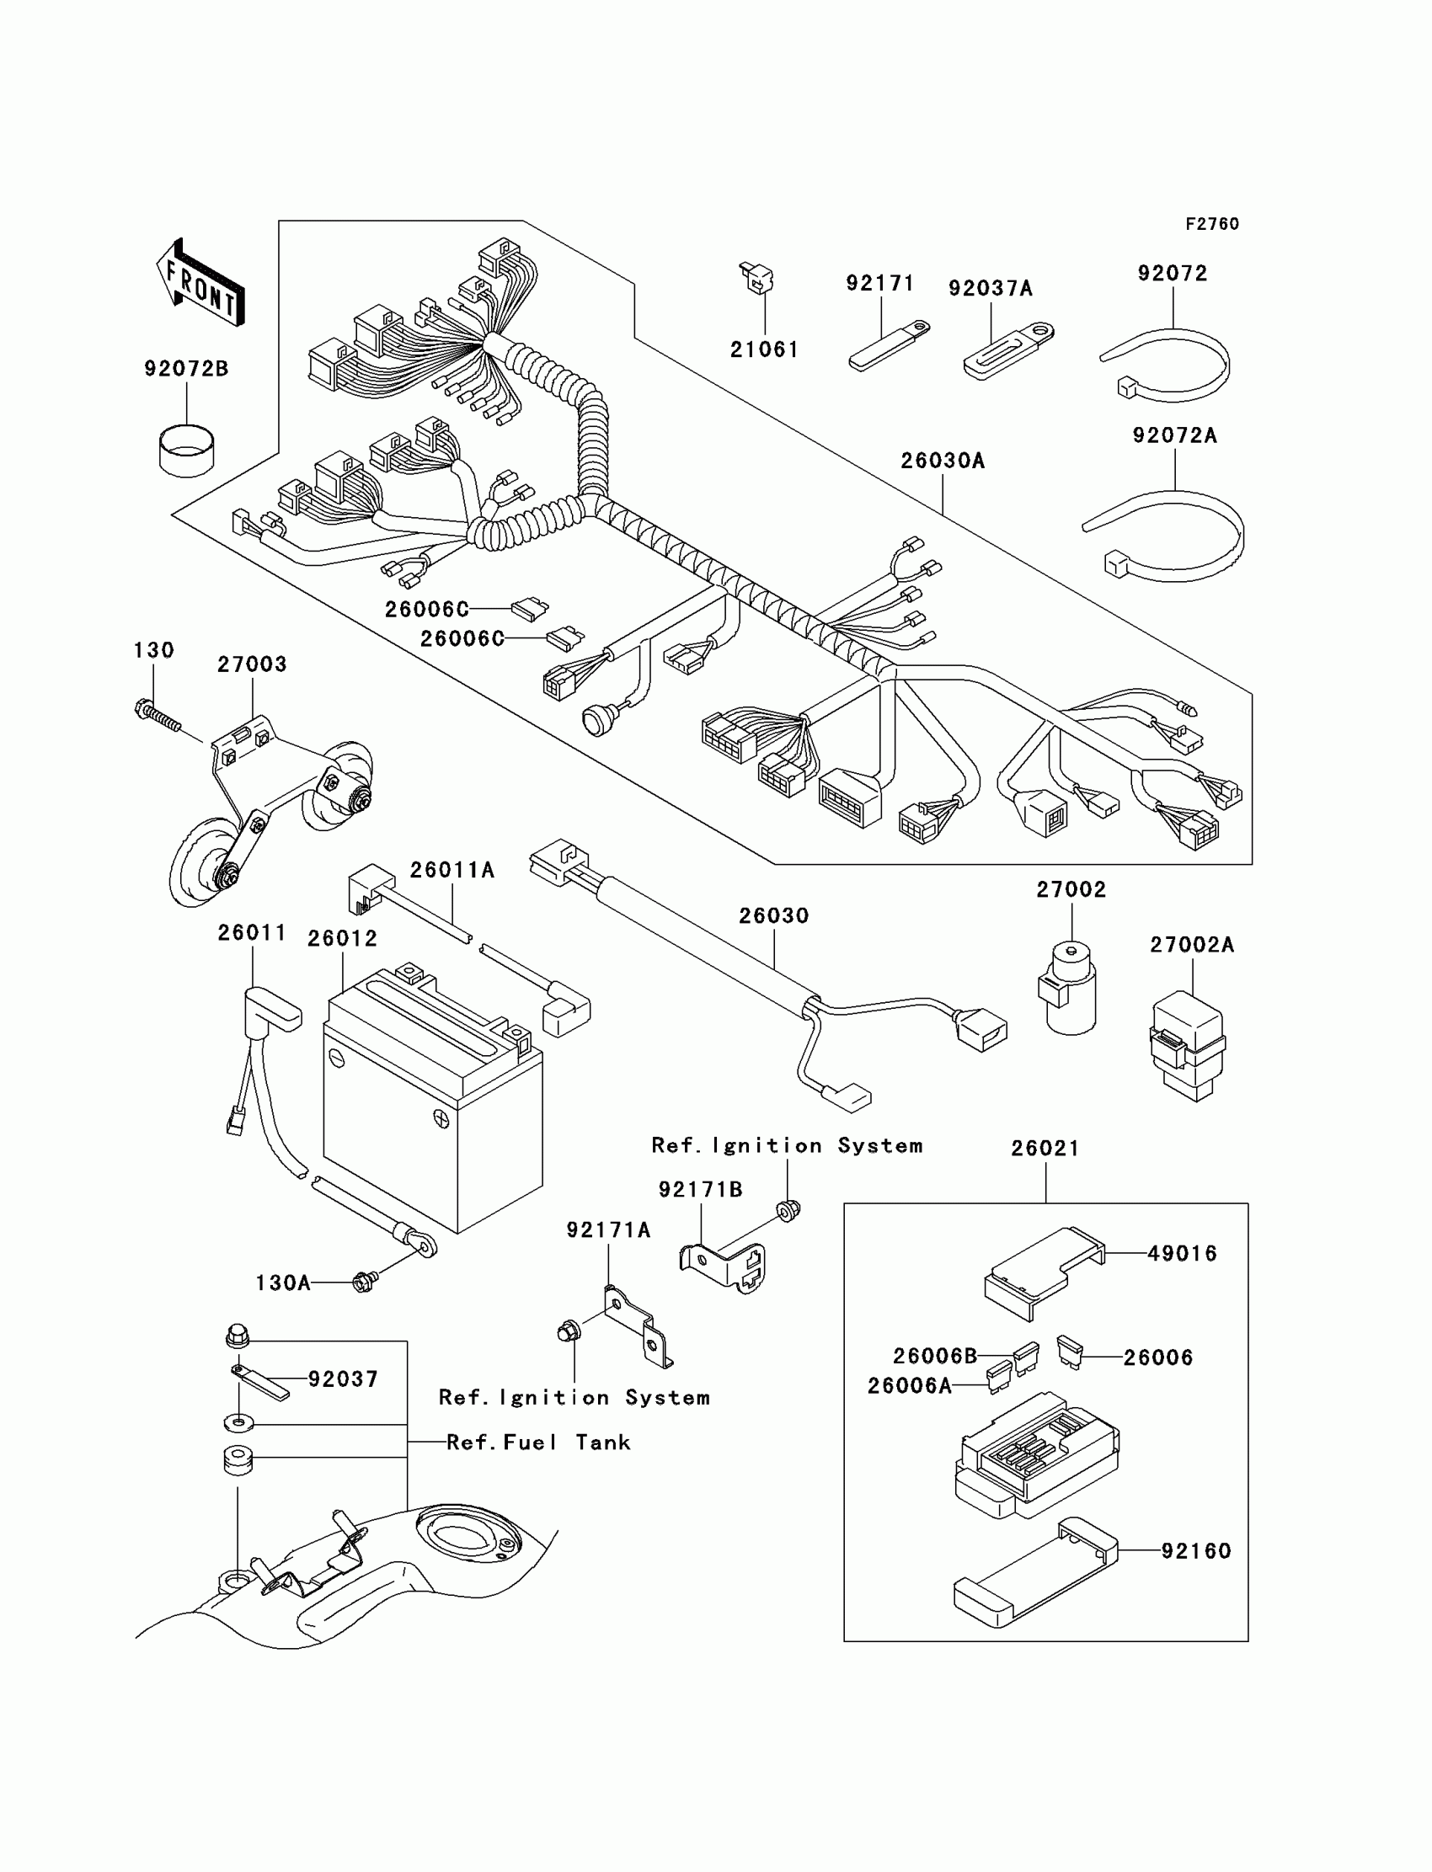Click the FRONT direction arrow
pyautogui.click(x=201, y=283)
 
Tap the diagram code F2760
pyautogui.click(x=1212, y=224)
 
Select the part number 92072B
pyautogui.click(x=186, y=369)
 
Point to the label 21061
pyautogui.click(x=765, y=349)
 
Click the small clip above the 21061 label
pyautogui.click(x=756, y=278)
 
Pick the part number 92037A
pyautogui.click(x=991, y=289)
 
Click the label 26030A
pyautogui.click(x=943, y=461)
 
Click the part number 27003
pyautogui.click(x=252, y=664)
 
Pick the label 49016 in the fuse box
pyautogui.click(x=1183, y=1253)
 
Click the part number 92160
pyautogui.click(x=1196, y=1551)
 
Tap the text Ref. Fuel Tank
pyautogui.click(x=539, y=1443)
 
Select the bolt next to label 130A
pyautogui.click(x=365, y=1282)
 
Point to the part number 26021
pyautogui.click(x=1045, y=1149)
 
